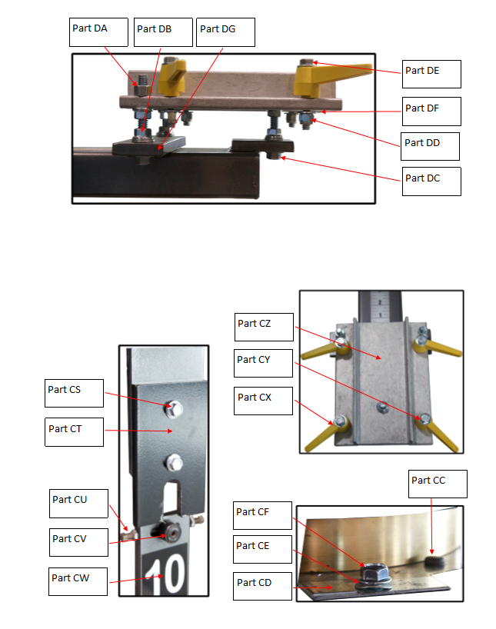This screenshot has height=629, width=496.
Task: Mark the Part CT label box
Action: click(74, 432)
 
